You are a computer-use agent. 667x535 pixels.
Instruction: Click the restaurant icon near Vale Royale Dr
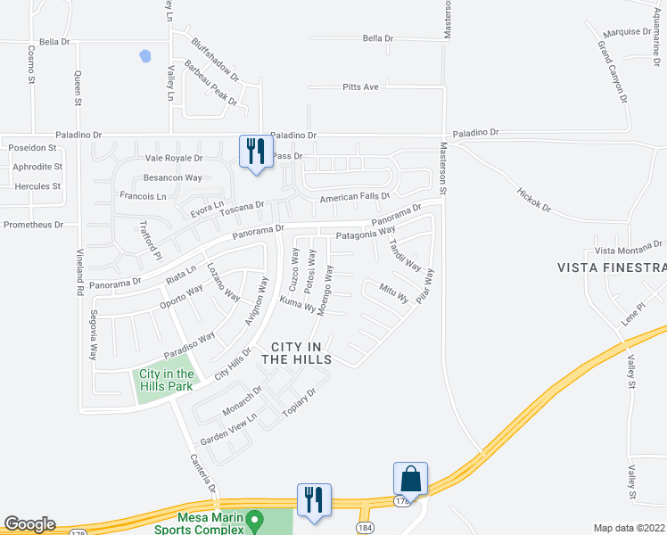coord(254,150)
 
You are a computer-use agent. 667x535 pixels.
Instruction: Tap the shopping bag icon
coord(411,478)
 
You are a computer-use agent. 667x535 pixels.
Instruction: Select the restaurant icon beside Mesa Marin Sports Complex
coord(313,498)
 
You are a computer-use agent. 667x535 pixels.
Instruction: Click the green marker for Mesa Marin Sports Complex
coord(254,518)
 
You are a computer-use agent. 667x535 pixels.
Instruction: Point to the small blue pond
coord(144,56)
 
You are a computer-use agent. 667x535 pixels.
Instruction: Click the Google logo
coord(29,524)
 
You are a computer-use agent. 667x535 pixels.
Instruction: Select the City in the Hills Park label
coord(166,380)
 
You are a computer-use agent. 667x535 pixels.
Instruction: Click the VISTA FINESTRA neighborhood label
coord(612,267)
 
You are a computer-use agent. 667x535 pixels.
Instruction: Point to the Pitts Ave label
coord(361,87)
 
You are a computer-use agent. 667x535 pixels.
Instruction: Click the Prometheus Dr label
coord(33,225)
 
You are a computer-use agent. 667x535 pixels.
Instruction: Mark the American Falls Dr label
coord(355,196)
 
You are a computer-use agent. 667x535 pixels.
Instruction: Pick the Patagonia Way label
coord(365,234)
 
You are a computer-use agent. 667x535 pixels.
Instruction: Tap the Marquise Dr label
coord(627,31)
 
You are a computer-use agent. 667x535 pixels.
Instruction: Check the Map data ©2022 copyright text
coord(629,528)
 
